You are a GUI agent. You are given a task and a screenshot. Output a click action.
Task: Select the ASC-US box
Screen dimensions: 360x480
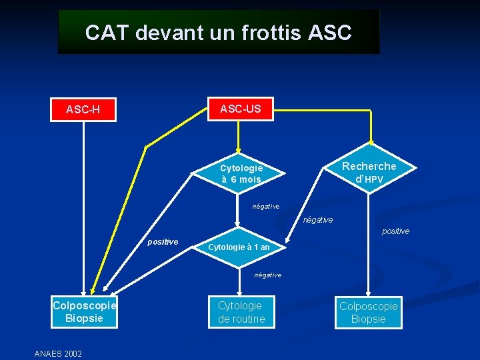coord(240,108)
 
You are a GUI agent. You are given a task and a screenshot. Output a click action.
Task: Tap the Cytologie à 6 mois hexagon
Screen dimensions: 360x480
coord(241,174)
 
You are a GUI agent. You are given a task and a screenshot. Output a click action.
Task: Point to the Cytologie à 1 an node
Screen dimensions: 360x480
coord(239,247)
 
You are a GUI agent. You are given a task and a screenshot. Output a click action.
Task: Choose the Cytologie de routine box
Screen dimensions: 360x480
coord(241,312)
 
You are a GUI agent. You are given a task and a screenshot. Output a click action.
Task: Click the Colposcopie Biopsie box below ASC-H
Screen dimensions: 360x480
coord(84,312)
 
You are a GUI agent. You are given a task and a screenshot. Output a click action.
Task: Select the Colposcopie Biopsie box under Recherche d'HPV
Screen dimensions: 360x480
coord(369,313)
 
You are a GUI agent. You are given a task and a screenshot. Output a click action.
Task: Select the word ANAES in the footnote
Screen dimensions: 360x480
coord(47,353)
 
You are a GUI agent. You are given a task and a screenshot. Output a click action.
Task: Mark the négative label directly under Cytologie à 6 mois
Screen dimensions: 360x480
coord(266,206)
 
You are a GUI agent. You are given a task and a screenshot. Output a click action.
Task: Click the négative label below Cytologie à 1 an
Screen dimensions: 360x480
coord(268,275)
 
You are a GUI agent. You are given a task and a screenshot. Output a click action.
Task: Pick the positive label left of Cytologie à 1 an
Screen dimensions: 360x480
coord(163,241)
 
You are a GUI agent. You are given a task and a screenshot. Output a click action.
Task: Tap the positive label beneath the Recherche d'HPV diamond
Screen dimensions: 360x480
coord(395,231)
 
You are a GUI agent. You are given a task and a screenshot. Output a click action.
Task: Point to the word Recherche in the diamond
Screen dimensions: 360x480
coord(369,166)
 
